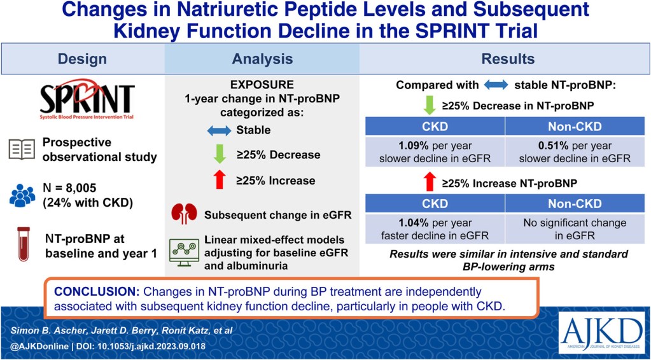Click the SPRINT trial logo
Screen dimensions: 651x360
click(87, 99)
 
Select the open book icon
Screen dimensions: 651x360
click(22, 149)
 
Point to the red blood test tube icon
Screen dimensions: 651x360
click(24, 244)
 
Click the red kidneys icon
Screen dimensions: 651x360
click(184, 214)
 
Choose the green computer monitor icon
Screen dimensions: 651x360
click(184, 252)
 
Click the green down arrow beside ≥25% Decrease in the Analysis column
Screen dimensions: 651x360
click(220, 155)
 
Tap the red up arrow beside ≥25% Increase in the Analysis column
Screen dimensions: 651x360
click(220, 180)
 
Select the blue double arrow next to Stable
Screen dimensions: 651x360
click(219, 130)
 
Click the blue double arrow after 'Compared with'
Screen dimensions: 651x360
click(496, 85)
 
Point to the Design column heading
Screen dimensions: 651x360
click(82, 59)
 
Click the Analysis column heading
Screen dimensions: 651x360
click(262, 59)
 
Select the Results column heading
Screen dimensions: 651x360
click(508, 59)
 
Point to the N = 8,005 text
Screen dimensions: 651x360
click(69, 188)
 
